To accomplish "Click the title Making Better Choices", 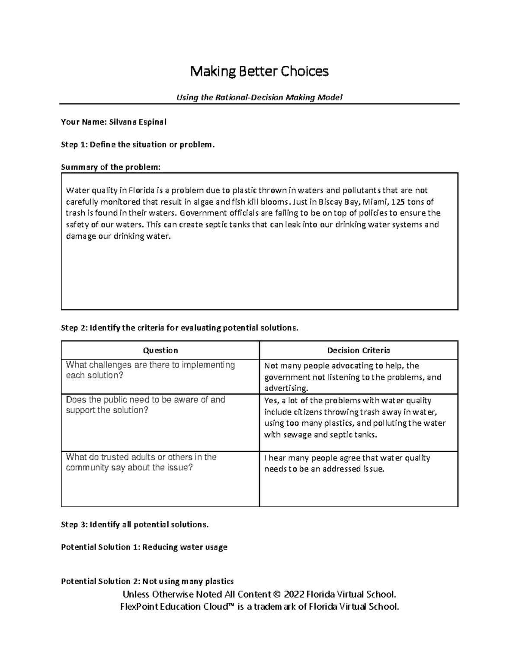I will pos(259,71).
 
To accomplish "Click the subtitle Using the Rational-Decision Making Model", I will pos(259,97).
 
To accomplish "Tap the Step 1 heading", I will pos(138,145).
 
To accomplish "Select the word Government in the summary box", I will pos(203,213).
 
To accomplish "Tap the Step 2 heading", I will pos(179,328).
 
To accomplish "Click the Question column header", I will pos(160,350).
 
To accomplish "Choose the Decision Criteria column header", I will pos(359,350).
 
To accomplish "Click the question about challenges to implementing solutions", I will pos(150,370).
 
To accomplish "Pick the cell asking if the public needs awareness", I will pos(145,405).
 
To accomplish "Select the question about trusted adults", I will pos(141,462).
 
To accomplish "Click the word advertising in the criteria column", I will pos(286,388).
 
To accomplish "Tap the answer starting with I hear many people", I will pos(347,463).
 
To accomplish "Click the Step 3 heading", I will pos(135,524).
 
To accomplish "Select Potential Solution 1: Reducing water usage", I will pos(144,547).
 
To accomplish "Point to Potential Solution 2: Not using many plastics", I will pos(147,581).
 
